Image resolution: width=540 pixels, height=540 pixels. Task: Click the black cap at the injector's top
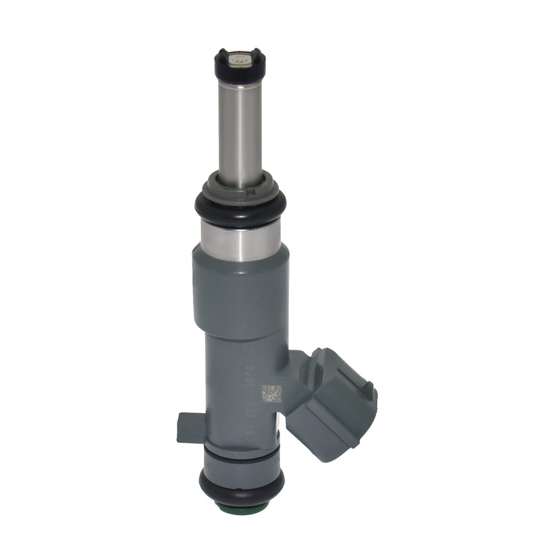point(240,67)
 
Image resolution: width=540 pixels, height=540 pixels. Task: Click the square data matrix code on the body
point(271,394)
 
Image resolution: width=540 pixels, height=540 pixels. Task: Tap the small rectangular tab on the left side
point(191,427)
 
